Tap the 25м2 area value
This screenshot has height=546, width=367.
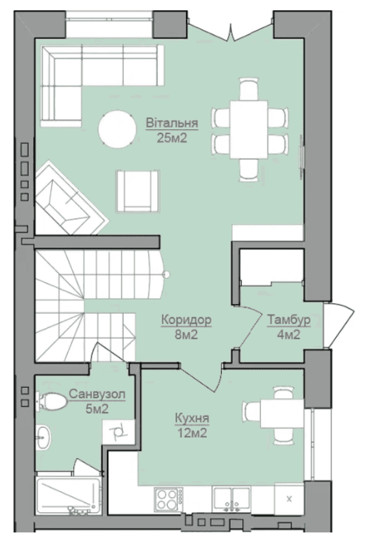point(172,138)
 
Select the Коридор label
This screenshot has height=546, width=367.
point(186,320)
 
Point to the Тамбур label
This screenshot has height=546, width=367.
point(289,320)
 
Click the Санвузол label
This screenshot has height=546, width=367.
point(97,394)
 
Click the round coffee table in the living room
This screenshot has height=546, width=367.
point(117,129)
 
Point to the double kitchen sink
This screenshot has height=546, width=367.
point(231,499)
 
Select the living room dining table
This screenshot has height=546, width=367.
point(249,129)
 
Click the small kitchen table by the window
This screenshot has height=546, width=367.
point(282,414)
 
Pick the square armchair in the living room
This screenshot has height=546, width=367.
point(138,191)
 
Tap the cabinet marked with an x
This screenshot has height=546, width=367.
point(289,499)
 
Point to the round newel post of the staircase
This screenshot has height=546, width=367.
point(166,274)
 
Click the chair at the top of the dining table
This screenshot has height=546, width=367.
point(249,89)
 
